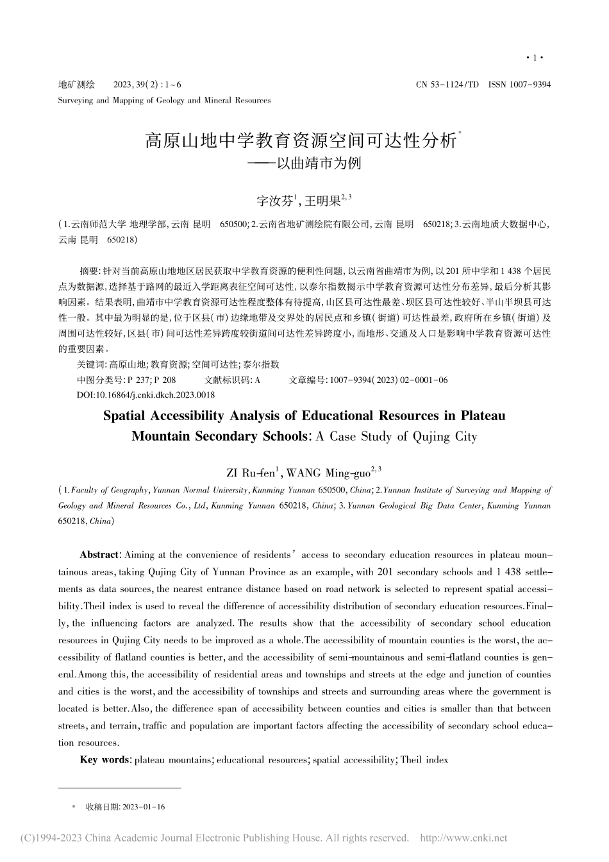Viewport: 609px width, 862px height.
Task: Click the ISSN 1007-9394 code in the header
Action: tap(519, 84)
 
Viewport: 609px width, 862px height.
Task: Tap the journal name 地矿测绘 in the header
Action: tap(76, 84)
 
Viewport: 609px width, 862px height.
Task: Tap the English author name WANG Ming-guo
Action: tap(328, 473)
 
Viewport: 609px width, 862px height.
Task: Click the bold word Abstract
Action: tap(99, 554)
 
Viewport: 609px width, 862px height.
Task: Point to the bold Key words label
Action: tap(105, 759)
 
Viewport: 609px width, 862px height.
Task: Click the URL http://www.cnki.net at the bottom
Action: tap(463, 838)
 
